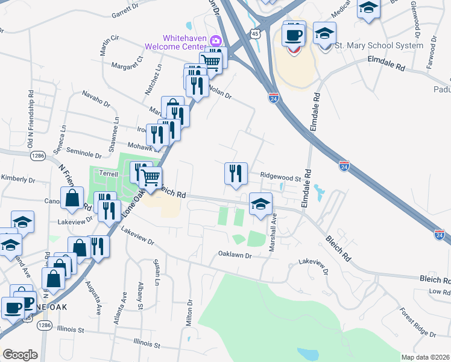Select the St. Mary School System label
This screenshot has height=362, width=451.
(379, 45)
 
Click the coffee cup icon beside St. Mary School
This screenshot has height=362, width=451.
(294, 34)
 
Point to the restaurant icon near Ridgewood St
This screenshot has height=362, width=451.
(236, 173)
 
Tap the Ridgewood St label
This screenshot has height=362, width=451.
(280, 178)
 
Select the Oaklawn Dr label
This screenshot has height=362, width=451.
(234, 255)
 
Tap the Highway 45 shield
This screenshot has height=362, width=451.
(256, 34)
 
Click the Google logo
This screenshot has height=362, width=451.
(20, 355)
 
